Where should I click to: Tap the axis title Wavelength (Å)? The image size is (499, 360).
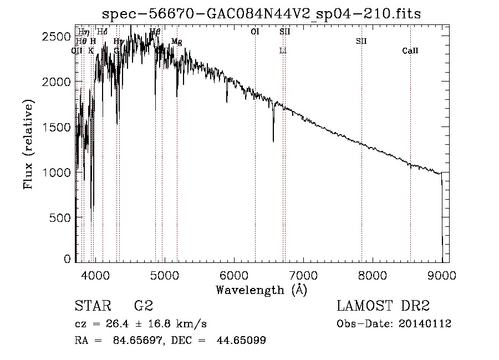[261, 289]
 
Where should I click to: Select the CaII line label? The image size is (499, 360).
[410, 51]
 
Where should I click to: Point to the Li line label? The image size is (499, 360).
[283, 51]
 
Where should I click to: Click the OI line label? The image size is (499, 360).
[255, 32]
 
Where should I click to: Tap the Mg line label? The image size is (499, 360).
[176, 42]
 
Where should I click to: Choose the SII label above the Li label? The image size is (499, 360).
[284, 32]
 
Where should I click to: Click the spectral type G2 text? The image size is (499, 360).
[143, 306]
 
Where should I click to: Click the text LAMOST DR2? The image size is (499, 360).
[383, 306]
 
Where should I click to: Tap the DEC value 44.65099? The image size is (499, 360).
[245, 341]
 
